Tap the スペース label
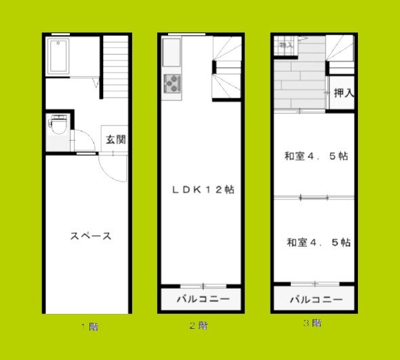pyautogui.click(x=91, y=236)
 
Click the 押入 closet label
pyautogui.click(x=344, y=93)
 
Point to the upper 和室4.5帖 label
pyautogui.click(x=316, y=156)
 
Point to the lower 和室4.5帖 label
pyautogui.click(x=318, y=242)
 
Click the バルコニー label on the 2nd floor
pyautogui.click(x=203, y=299)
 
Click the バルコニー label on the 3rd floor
pyautogui.click(x=316, y=299)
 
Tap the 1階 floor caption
pyautogui.click(x=90, y=327)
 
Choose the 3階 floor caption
pyautogui.click(x=312, y=323)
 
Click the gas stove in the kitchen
pyautogui.click(x=172, y=83)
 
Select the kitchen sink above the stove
pyautogui.click(x=172, y=52)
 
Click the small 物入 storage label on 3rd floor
pyautogui.click(x=286, y=45)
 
